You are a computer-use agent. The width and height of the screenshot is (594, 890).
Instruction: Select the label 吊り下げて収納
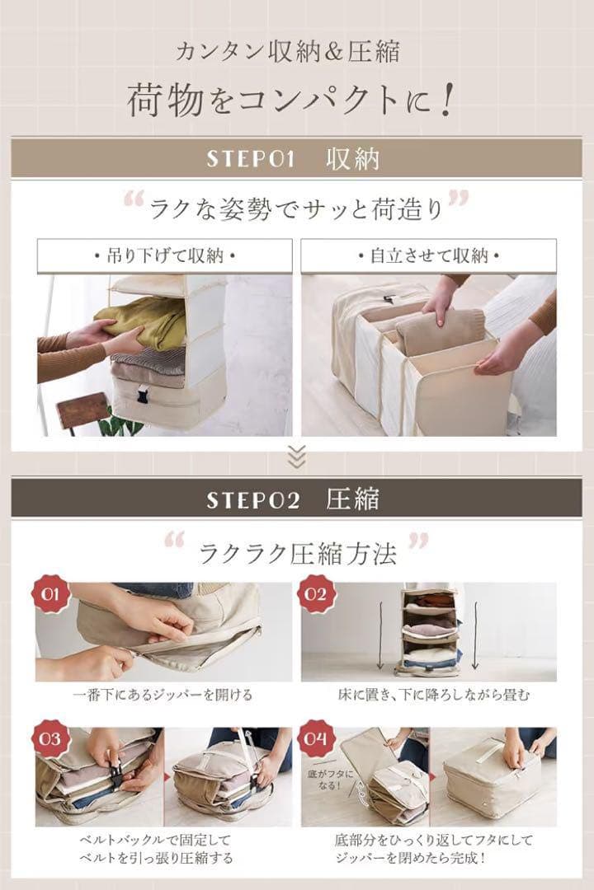164,256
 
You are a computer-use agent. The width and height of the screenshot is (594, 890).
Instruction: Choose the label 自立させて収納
428,256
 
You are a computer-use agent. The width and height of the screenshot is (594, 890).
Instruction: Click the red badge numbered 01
50,594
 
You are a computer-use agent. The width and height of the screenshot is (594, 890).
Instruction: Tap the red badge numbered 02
317,594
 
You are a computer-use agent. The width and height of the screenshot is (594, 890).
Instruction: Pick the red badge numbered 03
50,738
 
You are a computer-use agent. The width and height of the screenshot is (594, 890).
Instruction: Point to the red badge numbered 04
317,738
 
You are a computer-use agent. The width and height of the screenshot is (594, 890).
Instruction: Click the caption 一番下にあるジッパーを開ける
163,695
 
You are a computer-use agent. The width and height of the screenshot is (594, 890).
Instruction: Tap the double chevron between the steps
296,456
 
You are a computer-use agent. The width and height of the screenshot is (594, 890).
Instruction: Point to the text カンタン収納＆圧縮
288,53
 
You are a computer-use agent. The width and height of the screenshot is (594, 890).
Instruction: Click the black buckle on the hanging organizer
144,395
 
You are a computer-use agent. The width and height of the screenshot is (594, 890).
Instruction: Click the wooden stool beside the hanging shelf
82,410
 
